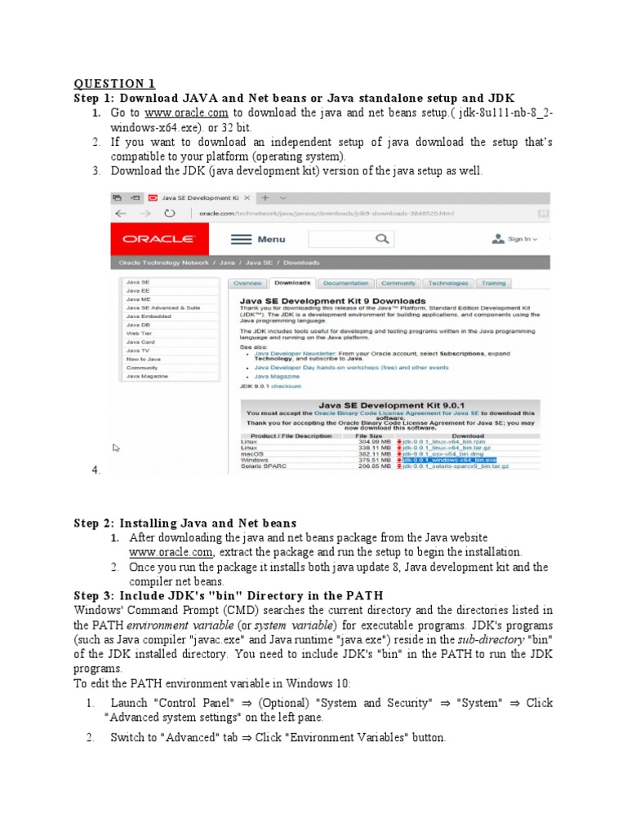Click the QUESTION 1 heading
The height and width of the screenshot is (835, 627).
pos(114,83)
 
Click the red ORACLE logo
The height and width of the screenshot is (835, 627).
pos(158,239)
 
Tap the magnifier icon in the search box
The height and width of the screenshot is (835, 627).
pos(381,239)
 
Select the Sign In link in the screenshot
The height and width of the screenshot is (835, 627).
pos(518,240)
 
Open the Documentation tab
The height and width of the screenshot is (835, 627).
pos(345,283)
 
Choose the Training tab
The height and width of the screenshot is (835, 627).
pos(493,283)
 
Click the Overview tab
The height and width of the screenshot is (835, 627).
pos(247,283)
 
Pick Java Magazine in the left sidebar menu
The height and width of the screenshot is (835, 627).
pos(147,376)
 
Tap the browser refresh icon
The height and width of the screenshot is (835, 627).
pos(169,214)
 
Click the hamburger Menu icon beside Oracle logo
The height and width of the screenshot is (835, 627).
pos(240,239)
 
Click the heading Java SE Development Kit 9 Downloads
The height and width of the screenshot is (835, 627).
pos(332,300)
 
